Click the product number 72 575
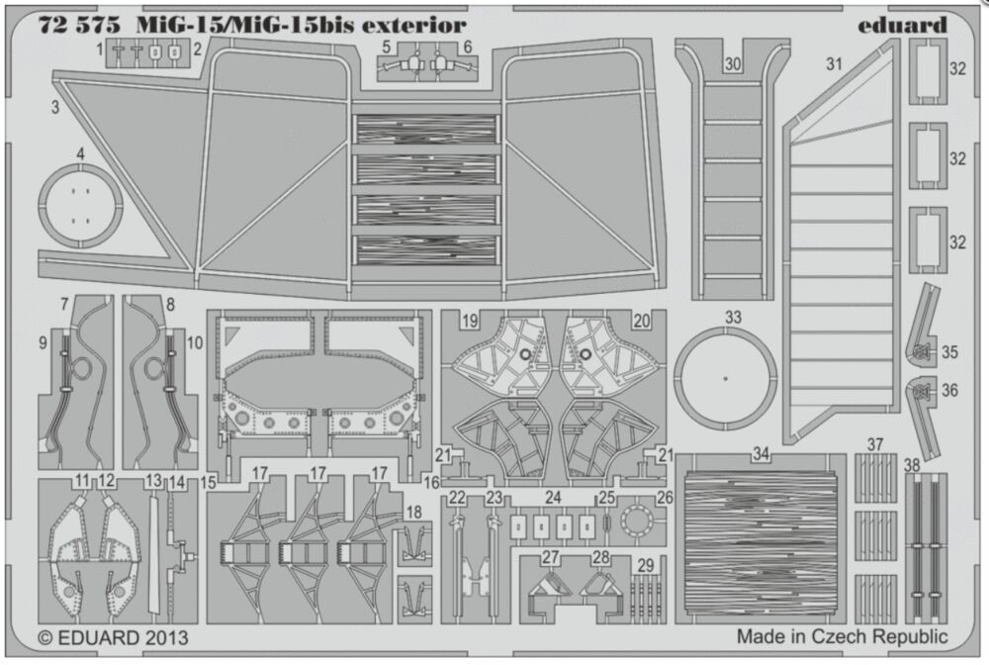[74, 25]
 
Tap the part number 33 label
[733, 318]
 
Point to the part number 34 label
[761, 454]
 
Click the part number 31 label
[834, 66]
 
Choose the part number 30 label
[733, 63]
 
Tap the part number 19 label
[470, 321]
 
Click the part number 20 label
[641, 321]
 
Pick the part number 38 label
[912, 464]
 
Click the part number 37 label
[875, 443]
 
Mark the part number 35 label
[949, 351]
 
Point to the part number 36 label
[949, 390]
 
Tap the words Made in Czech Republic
[842, 636]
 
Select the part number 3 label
[56, 104]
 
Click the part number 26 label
[664, 497]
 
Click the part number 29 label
[646, 565]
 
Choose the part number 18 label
[413, 512]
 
